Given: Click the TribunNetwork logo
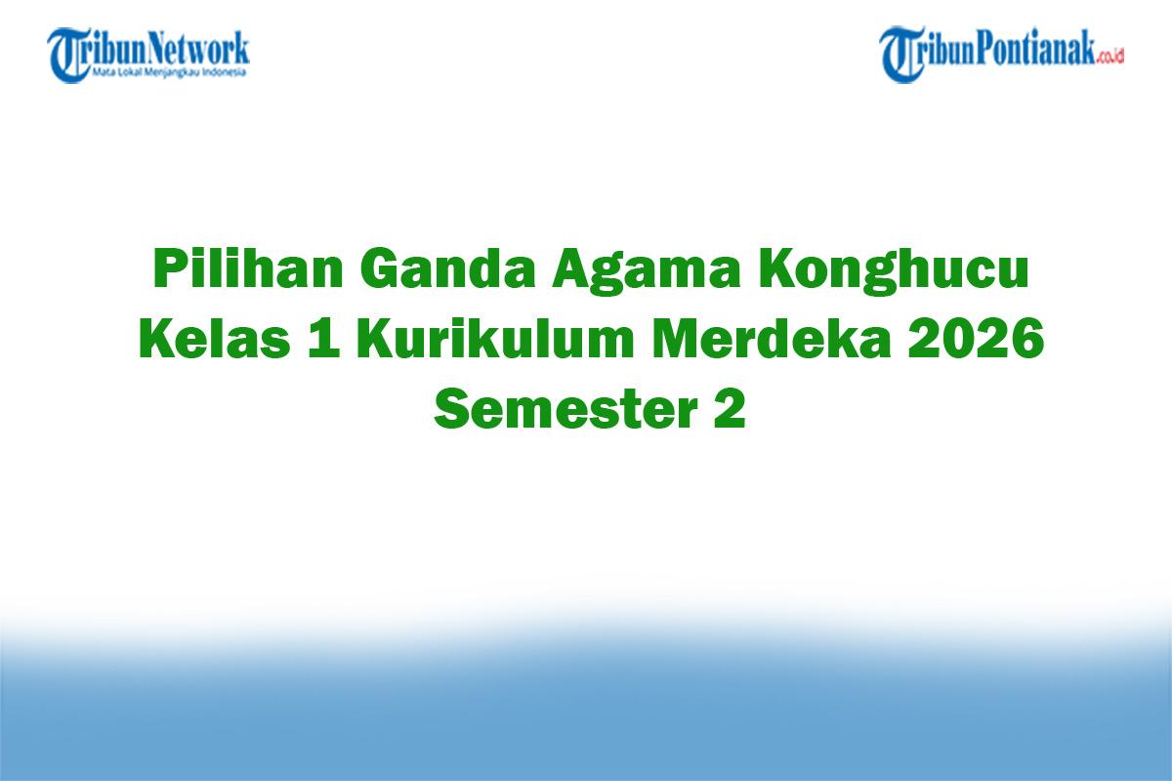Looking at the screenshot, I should point(148,54).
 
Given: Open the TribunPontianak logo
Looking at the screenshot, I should point(1001,54).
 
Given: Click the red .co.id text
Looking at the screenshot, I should point(1110,57).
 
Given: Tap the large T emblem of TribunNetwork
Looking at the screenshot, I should point(69,55).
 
